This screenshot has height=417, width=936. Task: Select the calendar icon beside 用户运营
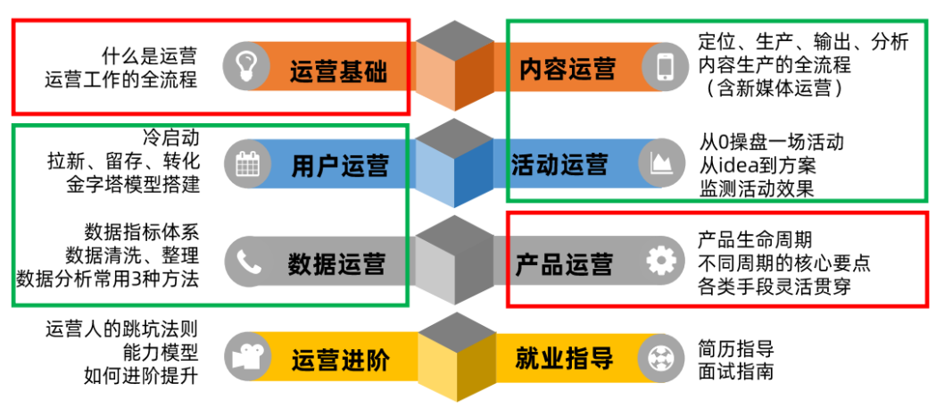point(246,164)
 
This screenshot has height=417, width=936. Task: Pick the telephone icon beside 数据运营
point(246,262)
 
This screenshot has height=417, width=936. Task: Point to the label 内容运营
point(567,69)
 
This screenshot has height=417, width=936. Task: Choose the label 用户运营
point(339,166)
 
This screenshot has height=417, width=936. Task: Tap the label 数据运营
point(336,263)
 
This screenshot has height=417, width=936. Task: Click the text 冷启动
point(170,139)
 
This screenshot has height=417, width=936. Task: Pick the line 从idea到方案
point(758,165)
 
